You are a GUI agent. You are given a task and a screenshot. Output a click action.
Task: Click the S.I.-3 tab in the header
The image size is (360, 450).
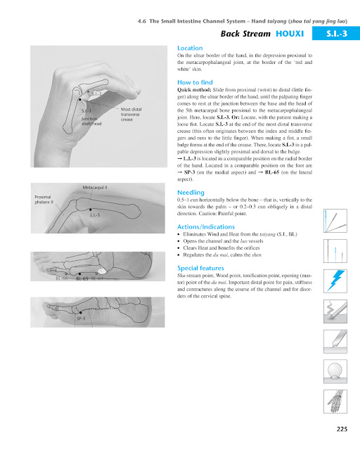click(337, 33)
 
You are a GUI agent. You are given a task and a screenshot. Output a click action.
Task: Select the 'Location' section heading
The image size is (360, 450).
click(190, 48)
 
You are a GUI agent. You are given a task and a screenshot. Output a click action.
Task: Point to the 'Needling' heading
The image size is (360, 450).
click(191, 192)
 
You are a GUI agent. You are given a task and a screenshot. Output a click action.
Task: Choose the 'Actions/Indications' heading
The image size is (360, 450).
click(210, 226)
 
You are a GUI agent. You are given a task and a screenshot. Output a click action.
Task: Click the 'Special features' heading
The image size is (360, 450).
click(202, 269)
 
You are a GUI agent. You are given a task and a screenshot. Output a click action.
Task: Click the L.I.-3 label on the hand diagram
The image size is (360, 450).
click(98, 214)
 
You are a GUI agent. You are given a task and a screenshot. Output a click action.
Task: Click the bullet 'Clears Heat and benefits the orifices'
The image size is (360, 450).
click(226, 251)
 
